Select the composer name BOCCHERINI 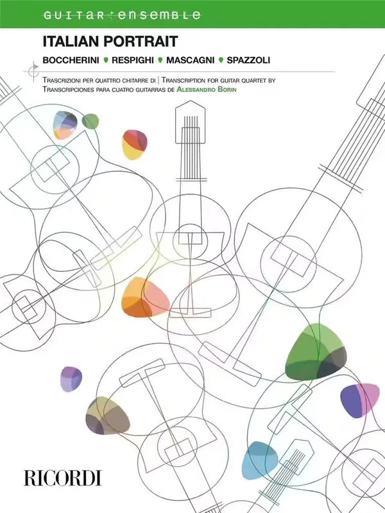click(x=71, y=60)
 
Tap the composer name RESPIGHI click(x=133, y=60)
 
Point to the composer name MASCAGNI click(x=190, y=60)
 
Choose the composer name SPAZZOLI click(x=248, y=60)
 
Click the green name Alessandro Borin click(x=206, y=89)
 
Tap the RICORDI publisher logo click(x=62, y=478)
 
